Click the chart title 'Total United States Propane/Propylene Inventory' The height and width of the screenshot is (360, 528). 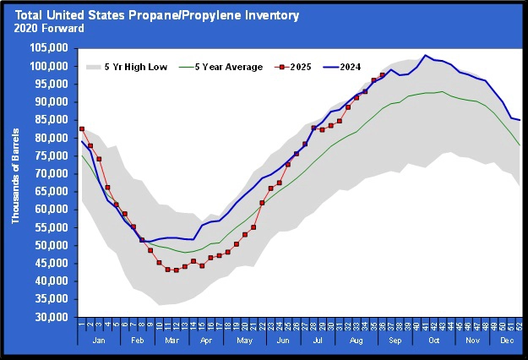pos(150,15)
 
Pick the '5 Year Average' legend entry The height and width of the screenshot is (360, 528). pos(227,66)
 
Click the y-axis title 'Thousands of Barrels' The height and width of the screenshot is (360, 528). pos(17,183)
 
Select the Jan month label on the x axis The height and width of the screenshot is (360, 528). pos(98,341)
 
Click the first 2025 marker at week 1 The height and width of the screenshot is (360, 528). pos(82,128)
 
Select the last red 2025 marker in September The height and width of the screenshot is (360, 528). pos(383,74)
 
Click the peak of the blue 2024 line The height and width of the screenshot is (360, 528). pos(426,56)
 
